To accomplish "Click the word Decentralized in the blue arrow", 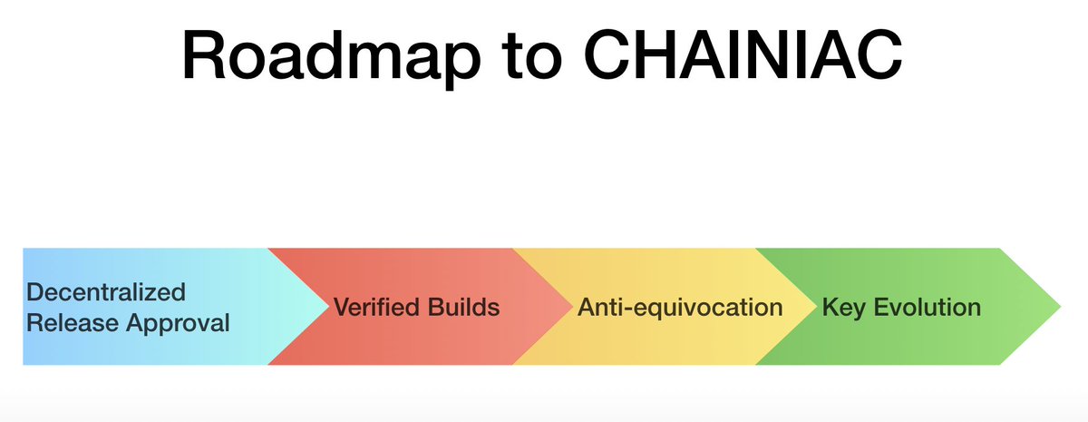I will click(x=106, y=291).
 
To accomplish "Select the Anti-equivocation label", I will click(x=680, y=308).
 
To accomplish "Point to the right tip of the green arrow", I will click(x=1057, y=307).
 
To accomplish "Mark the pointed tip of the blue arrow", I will click(x=326, y=307).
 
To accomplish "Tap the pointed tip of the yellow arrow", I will click(x=814, y=307).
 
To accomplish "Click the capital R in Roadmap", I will click(x=203, y=54).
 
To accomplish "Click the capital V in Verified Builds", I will click(x=342, y=307).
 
